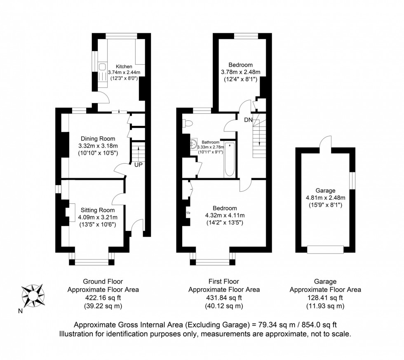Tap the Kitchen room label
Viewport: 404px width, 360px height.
point(124,66)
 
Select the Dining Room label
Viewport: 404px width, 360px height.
point(98,139)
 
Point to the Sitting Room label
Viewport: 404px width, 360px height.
point(98,210)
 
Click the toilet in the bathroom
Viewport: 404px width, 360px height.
point(188,123)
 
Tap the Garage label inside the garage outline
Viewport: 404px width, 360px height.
point(325,191)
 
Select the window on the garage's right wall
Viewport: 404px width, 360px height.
point(352,181)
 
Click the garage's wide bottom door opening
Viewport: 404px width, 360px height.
point(325,249)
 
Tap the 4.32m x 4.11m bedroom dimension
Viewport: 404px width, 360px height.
point(225,215)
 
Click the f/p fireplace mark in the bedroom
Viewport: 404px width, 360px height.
point(188,213)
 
